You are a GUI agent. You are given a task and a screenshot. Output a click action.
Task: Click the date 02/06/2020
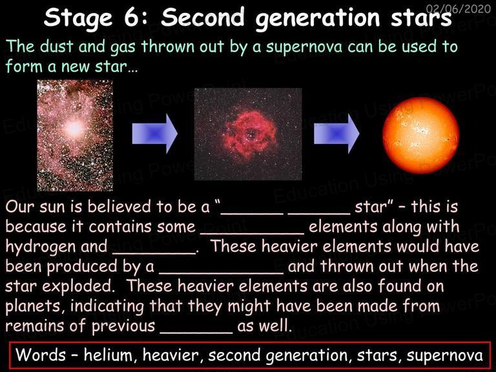(459, 8)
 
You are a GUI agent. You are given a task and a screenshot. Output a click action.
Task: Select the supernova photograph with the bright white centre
(75, 136)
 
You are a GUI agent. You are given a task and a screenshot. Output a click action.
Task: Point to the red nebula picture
(248, 134)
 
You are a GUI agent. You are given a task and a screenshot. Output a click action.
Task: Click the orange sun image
(420, 136)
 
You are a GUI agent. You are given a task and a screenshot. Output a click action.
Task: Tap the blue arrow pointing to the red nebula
(155, 134)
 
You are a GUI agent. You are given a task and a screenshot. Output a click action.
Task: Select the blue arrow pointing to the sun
(336, 134)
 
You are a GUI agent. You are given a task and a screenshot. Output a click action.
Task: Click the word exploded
(78, 286)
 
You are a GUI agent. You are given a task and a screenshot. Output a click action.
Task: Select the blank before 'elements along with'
(253, 233)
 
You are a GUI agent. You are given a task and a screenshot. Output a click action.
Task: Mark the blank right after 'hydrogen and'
(154, 253)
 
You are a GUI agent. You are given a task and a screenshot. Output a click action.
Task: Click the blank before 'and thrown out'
(221, 273)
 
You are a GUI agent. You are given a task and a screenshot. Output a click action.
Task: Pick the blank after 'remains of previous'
(196, 333)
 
